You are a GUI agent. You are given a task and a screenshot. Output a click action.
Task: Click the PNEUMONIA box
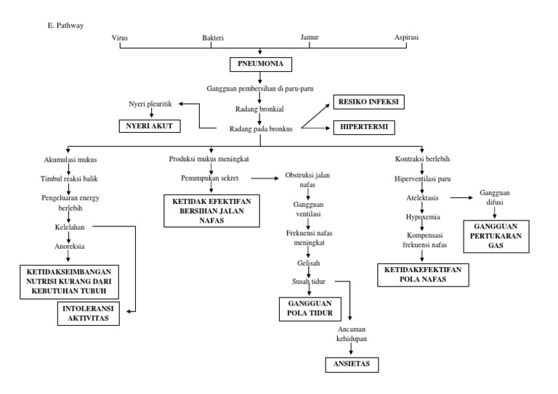click(260, 65)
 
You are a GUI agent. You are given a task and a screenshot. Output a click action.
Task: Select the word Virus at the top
click(121, 37)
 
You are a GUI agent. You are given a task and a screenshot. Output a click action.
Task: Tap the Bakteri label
click(212, 37)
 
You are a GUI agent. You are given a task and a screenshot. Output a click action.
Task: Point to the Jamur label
click(310, 37)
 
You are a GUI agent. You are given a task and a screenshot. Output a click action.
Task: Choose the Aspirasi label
click(405, 37)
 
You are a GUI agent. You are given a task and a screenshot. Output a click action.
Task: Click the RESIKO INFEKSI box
click(368, 102)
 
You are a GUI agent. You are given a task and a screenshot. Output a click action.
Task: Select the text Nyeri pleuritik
click(150, 104)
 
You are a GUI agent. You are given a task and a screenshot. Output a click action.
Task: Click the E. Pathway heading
click(65, 25)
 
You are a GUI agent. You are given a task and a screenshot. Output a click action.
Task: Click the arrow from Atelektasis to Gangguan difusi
click(462, 197)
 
